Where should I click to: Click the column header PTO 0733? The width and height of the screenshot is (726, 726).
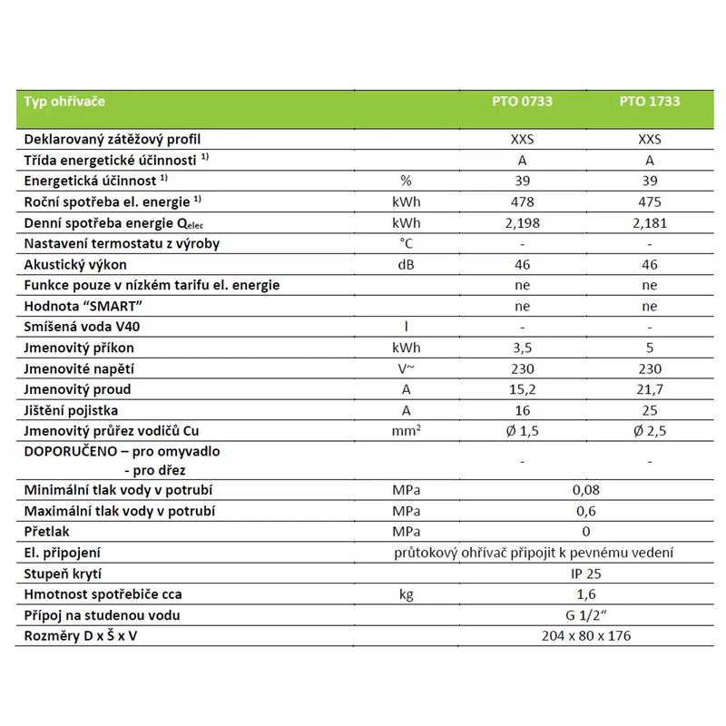[522, 102]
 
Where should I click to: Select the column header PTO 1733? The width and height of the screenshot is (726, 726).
[650, 102]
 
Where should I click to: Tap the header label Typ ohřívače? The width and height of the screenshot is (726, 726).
[64, 102]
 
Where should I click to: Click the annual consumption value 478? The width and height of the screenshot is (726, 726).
[522, 202]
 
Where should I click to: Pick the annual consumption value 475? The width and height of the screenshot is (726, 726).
[650, 202]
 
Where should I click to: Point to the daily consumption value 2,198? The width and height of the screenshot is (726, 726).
[522, 223]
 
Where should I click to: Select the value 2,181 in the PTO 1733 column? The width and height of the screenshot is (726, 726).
[650, 223]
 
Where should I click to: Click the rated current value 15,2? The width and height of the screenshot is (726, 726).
[522, 389]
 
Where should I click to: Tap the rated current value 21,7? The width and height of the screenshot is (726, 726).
[650, 389]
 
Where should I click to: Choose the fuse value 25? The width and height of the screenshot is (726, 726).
[650, 410]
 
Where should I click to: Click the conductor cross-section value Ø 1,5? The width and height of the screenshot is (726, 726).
[522, 431]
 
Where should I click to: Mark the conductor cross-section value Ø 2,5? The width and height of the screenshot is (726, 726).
[650, 431]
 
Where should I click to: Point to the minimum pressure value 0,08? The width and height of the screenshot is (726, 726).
[586, 490]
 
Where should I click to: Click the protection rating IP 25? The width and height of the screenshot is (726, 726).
[586, 574]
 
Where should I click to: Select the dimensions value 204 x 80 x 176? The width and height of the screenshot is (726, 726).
[586, 636]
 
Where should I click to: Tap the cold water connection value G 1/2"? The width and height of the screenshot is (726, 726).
[586, 615]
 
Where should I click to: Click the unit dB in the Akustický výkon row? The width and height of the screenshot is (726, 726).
[407, 265]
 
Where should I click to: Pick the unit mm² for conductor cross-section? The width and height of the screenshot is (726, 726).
[407, 431]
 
